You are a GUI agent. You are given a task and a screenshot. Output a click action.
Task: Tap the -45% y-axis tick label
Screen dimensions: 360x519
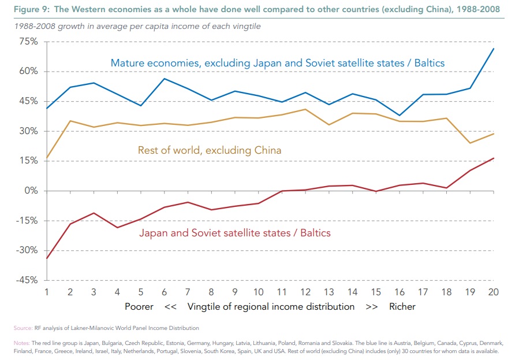26,280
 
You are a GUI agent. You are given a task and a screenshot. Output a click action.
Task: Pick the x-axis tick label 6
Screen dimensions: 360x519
165,291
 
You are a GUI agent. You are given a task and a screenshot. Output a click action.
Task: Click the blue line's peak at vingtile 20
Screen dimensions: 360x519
494,48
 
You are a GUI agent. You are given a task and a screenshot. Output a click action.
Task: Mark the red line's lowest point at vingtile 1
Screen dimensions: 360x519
47,258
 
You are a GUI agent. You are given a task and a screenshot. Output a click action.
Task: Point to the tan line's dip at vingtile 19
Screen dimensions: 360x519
471,143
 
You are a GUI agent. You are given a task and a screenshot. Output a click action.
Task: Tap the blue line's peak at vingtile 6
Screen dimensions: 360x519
165,79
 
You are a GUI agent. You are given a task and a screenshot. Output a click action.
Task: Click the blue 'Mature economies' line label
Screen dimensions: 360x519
278,62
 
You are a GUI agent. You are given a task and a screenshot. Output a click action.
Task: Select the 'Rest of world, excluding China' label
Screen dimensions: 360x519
210,150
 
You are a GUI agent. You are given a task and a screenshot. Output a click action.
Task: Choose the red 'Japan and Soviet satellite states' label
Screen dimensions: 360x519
235,233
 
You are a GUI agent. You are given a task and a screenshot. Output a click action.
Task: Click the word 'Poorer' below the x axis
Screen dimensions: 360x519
139,306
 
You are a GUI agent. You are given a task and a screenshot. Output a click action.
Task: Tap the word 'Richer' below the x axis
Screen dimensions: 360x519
402,306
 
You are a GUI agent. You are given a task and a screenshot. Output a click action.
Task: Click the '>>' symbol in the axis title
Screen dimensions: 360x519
372,306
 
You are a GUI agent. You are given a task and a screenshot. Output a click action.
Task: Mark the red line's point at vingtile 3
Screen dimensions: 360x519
94,213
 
